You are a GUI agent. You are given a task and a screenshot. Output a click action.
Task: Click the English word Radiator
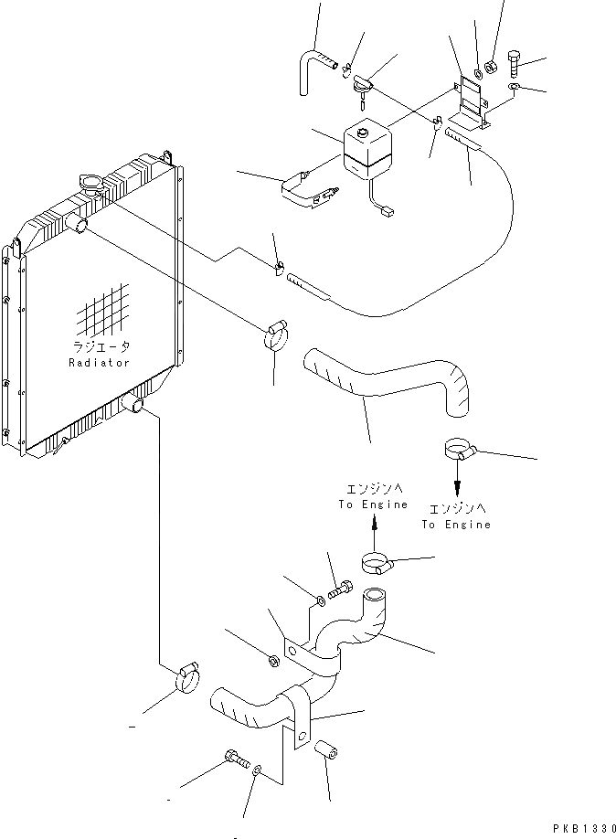click(x=99, y=363)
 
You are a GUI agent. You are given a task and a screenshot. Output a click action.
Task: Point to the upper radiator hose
click(x=384, y=379)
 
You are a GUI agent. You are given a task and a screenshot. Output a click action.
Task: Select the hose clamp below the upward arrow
click(x=375, y=563)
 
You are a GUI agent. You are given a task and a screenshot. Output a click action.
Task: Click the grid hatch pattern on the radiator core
click(x=103, y=313)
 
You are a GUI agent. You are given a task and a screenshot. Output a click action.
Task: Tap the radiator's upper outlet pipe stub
click(x=80, y=225)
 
